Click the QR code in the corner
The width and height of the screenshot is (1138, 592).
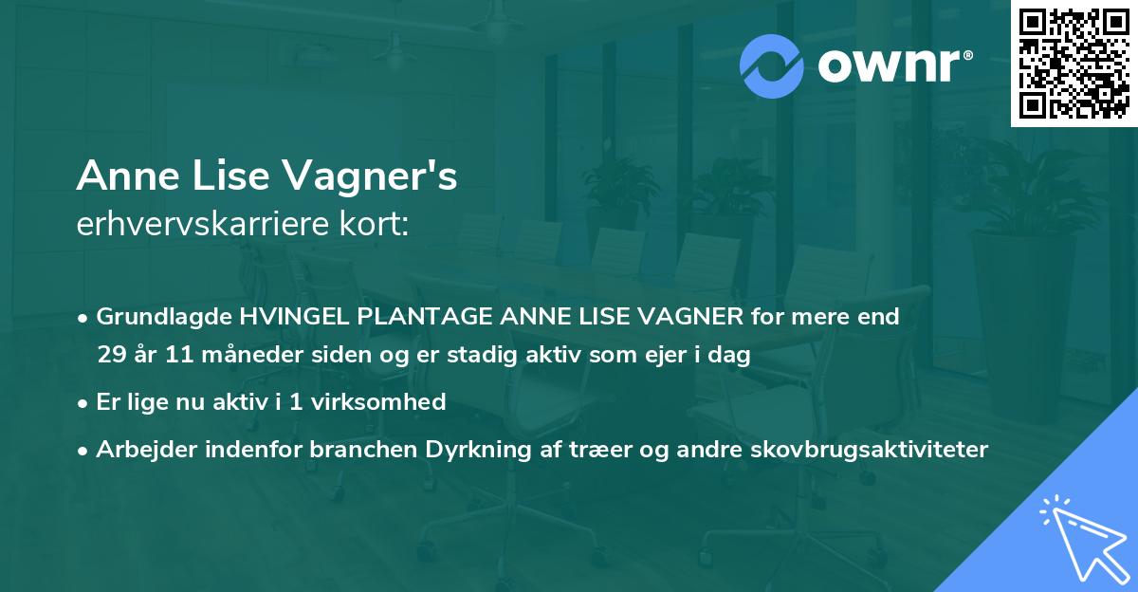[x=1074, y=64]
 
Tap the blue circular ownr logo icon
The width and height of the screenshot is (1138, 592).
[x=772, y=66]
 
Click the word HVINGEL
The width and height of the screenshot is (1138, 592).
[x=284, y=317]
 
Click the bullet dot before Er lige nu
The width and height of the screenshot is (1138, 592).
[x=84, y=403]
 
